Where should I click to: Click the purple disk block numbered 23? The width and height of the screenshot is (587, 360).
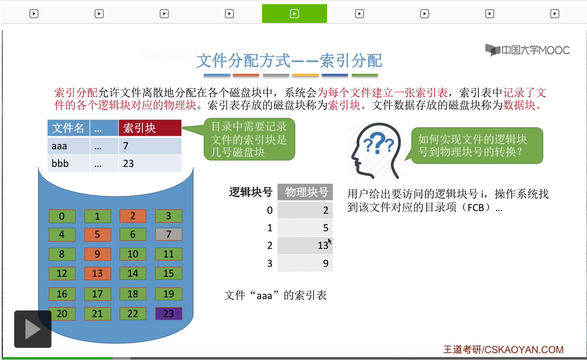pyautogui.click(x=168, y=314)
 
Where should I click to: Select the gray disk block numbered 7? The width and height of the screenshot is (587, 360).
pyautogui.click(x=168, y=234)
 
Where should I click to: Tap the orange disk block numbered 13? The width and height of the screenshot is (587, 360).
pyautogui.click(x=97, y=273)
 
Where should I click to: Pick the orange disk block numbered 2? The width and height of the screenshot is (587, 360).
pyautogui.click(x=133, y=216)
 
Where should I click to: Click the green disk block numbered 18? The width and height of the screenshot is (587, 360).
pyautogui.click(x=133, y=294)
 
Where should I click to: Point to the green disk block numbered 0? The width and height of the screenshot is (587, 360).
pyautogui.click(x=62, y=216)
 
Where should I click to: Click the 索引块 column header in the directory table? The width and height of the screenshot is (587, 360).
pyautogui.click(x=150, y=128)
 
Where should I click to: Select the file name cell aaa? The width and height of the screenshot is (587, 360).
pyautogui.click(x=68, y=146)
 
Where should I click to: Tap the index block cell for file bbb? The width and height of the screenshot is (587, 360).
pyautogui.click(x=150, y=163)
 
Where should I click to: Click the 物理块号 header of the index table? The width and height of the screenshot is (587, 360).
pyautogui.click(x=305, y=192)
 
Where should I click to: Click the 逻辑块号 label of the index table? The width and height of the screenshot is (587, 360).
pyautogui.click(x=250, y=192)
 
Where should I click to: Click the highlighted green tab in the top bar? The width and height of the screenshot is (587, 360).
pyautogui.click(x=294, y=14)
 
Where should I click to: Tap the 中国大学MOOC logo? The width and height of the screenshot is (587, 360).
pyautogui.click(x=527, y=50)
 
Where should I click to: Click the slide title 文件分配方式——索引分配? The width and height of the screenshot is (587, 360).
pyautogui.click(x=289, y=61)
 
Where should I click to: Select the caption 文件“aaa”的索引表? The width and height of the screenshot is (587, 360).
pyautogui.click(x=276, y=295)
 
